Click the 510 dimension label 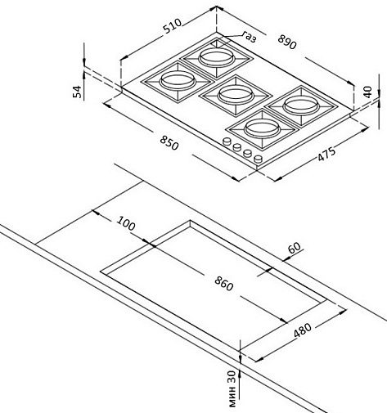[172, 26]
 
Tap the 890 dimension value [287, 42]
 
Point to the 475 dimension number [326, 155]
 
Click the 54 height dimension [77, 92]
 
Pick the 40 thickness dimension [367, 92]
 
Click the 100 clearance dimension [126, 223]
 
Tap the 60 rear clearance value [295, 248]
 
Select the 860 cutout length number [224, 284]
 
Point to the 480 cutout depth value [303, 330]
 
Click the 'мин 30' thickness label [232, 388]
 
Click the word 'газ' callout [250, 37]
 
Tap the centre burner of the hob [235, 95]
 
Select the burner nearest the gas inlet [217, 58]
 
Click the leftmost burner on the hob [178, 81]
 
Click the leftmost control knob [227, 141]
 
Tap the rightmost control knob [258, 159]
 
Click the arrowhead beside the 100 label [96, 213]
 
